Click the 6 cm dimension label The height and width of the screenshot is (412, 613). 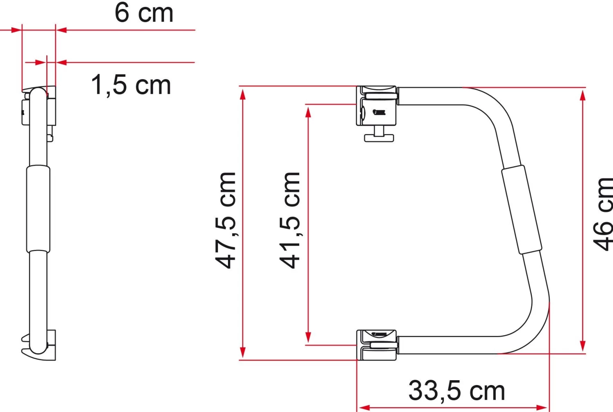coord(144,13)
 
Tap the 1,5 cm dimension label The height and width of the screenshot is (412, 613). coord(131,85)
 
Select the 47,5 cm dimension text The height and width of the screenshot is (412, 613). coord(226,220)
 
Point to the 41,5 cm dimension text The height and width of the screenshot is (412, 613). coord(290,220)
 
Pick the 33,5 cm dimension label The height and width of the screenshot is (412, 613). coord(456,391)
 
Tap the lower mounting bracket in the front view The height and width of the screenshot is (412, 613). coord(376,345)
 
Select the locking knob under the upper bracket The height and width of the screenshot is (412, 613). coord(379,136)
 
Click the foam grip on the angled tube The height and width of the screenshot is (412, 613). coord(521,210)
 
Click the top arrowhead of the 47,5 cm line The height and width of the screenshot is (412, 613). coord(243,94)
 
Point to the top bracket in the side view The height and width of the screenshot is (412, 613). coord(39,107)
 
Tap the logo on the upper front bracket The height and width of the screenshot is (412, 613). coord(379,111)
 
